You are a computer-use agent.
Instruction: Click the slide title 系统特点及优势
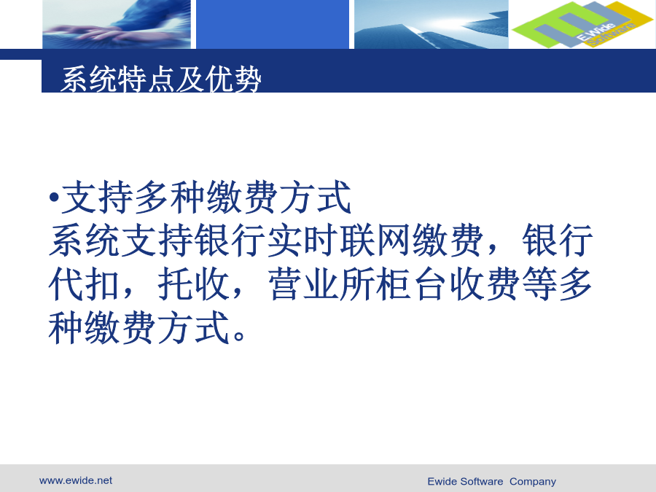click(x=161, y=79)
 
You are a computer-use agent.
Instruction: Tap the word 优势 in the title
click(x=233, y=79)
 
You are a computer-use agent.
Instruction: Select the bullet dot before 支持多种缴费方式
click(x=53, y=197)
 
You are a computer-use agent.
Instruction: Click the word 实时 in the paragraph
click(x=284, y=240)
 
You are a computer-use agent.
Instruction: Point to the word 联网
click(x=357, y=240)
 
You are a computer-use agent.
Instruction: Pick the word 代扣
click(x=84, y=284)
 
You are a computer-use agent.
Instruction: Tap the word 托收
click(x=193, y=284)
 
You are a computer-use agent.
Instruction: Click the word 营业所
click(x=321, y=284)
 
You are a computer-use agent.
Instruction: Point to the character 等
click(x=539, y=284)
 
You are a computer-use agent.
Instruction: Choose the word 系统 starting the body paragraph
click(x=84, y=240)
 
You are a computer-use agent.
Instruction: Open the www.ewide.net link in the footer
click(x=76, y=480)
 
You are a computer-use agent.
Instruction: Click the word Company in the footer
click(x=533, y=482)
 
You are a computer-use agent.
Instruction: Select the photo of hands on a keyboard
click(x=117, y=24)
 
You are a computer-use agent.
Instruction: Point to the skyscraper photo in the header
click(x=432, y=24)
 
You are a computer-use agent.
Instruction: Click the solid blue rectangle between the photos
click(x=273, y=24)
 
